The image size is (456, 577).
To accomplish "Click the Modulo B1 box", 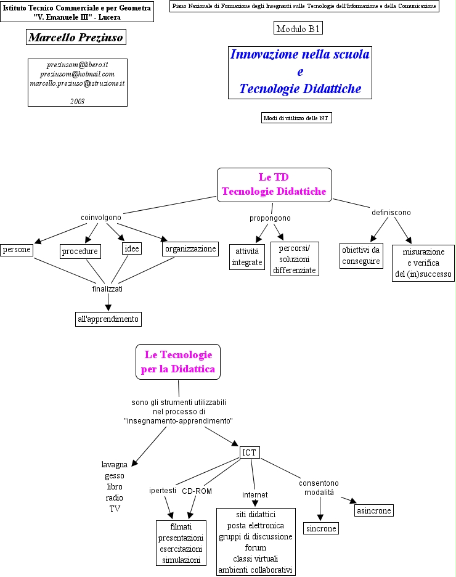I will coord(298,28).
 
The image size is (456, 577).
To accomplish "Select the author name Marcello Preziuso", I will coord(76,38).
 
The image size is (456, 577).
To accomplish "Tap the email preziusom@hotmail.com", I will coord(78,73).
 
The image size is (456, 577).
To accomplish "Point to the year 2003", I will coord(78,100).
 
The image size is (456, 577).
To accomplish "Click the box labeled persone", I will coord(17,250).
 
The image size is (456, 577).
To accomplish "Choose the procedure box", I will coord(80,251).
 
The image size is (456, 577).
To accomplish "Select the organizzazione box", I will coord(190,248).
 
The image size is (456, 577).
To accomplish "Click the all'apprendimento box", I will coord(108,319).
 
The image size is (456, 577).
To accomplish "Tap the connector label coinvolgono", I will coord(101,217).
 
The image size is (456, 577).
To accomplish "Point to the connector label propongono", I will coord(270,218).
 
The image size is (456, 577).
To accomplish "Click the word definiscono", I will coord(391,212).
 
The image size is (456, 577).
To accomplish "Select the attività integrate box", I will coord(247,257).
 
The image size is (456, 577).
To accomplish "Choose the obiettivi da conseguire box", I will coord(361,255).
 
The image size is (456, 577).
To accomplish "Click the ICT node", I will coord(249,452).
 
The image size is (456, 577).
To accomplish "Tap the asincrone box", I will coord(373,510).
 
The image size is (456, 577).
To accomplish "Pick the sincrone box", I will coord(321,529).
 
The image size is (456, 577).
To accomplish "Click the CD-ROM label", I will coord(197,491).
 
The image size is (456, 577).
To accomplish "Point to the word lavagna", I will coord(115,464).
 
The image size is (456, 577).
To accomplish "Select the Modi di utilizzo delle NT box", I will coord(296,118).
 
